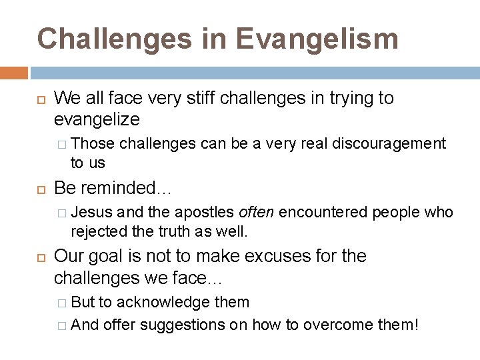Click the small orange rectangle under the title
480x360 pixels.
coord(14,73)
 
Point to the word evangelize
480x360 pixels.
coord(97,119)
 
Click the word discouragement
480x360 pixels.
coord(389,143)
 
